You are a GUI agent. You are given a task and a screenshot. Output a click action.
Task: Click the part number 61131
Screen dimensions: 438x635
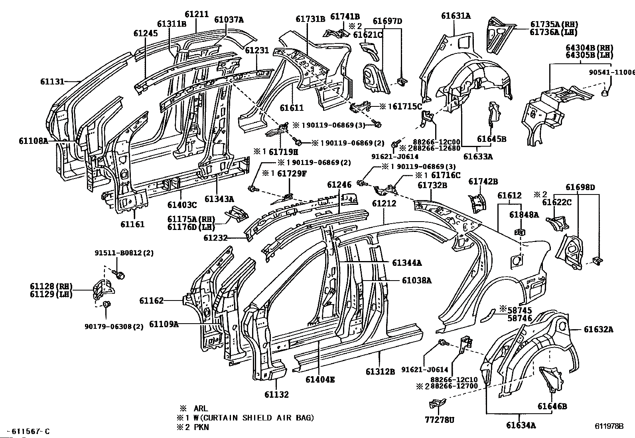52,81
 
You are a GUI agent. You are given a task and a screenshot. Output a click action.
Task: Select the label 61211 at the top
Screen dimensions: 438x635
196,15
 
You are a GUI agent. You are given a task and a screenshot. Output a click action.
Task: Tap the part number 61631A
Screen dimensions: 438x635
456,16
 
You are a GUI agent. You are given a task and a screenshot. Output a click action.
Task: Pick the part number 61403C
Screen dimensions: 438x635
182,205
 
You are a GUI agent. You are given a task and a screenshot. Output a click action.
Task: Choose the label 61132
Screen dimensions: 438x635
276,395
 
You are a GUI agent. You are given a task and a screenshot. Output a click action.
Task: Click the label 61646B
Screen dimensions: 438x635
552,407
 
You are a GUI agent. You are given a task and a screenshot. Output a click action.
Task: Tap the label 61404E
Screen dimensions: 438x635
320,379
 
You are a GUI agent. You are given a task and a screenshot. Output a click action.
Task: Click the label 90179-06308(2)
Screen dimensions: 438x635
114,327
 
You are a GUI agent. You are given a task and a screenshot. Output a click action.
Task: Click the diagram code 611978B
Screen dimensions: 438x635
609,425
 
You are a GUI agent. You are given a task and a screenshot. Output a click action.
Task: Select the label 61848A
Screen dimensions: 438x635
524,215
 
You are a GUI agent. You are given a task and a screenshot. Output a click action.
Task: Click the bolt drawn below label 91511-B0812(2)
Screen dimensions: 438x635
119,274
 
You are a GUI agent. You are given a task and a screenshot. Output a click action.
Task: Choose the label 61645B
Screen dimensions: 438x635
491,139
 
